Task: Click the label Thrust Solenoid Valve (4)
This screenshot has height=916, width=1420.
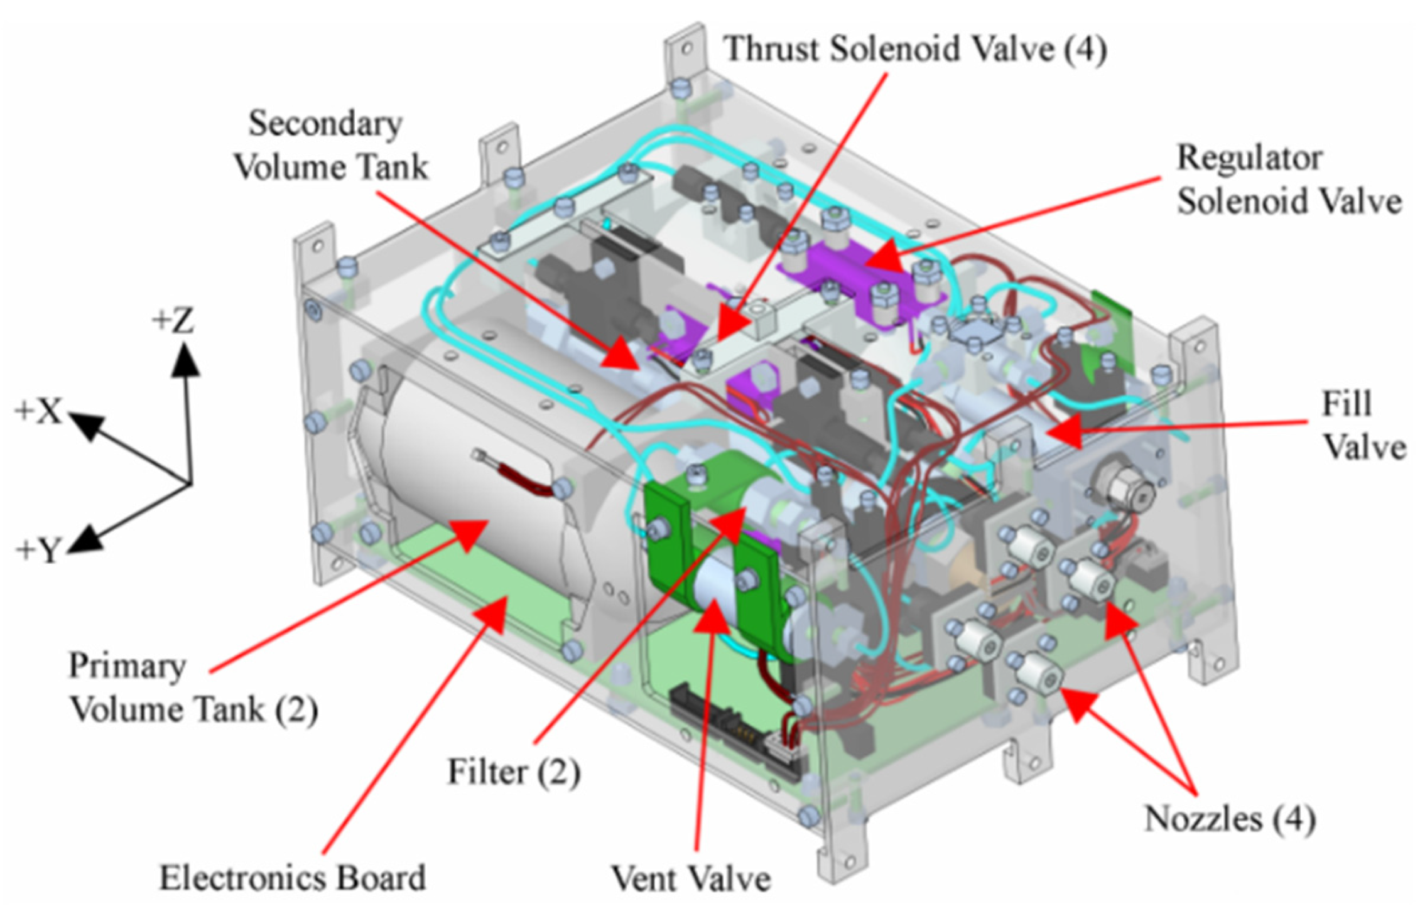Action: click(x=914, y=49)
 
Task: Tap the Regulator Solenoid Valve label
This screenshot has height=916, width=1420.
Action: click(x=1287, y=180)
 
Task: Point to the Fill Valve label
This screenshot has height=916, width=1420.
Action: click(x=1363, y=426)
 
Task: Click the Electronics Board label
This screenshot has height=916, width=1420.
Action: click(x=292, y=877)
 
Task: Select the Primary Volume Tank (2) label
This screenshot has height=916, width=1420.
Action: click(x=192, y=687)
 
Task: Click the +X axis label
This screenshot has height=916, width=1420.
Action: click(x=39, y=412)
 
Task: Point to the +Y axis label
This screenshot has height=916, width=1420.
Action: click(x=39, y=550)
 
